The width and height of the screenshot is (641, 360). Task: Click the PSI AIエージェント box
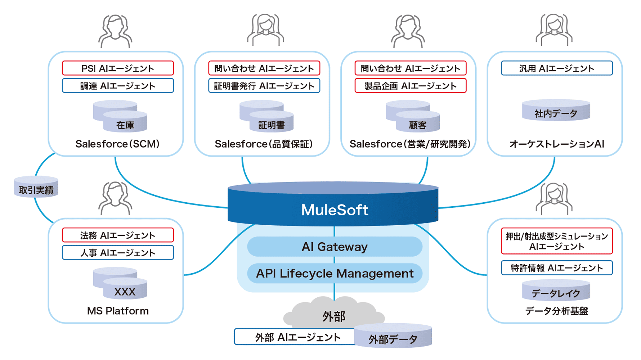tap(118, 68)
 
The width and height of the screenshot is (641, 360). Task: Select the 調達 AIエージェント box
tap(118, 86)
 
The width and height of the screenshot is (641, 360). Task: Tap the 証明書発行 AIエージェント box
tap(264, 86)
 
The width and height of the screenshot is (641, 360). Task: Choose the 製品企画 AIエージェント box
tap(411, 86)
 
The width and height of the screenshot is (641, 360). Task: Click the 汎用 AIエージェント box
tap(557, 68)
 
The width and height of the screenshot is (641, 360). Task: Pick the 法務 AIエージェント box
tap(118, 235)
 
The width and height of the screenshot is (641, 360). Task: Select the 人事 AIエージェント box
tap(118, 252)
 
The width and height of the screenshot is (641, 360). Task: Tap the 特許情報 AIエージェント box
tap(557, 267)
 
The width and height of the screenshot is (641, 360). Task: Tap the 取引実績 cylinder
tap(36, 187)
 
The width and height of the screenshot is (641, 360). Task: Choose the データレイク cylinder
tap(556, 291)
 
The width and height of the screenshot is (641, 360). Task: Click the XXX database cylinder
tap(125, 289)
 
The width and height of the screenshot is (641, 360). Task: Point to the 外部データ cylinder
tap(393, 336)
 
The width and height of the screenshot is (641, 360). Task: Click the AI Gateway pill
tap(335, 247)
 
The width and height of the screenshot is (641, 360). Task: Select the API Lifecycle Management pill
tap(335, 273)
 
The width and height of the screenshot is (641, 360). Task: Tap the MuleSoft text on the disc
tap(335, 210)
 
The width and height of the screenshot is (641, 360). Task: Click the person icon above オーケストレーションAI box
tap(554, 31)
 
